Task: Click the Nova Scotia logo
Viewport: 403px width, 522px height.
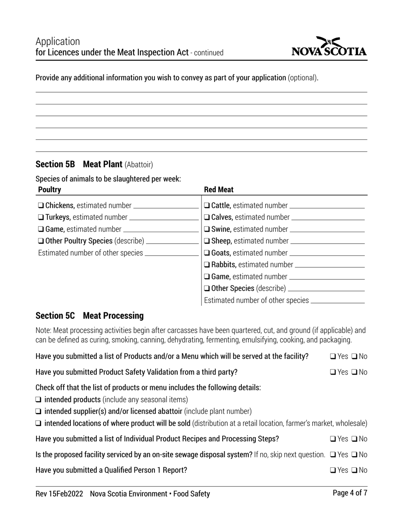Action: (329, 47)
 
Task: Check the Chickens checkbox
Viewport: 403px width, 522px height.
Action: (41, 206)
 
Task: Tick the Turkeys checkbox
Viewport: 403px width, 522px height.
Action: (41, 218)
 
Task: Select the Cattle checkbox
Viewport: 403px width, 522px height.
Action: (207, 206)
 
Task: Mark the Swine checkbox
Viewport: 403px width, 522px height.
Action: (207, 230)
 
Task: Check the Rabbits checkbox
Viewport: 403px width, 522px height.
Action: (207, 265)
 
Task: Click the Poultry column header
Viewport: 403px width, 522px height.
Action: (50, 190)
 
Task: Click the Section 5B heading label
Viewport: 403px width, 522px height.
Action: (55, 164)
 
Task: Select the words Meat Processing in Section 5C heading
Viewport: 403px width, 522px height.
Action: (113, 316)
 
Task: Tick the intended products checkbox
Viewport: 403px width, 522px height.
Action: (39, 400)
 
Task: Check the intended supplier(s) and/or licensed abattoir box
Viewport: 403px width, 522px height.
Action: (39, 411)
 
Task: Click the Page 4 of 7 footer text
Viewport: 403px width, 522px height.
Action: (350, 493)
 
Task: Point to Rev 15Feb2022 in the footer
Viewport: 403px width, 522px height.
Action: (59, 494)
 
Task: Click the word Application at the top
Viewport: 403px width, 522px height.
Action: (58, 42)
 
